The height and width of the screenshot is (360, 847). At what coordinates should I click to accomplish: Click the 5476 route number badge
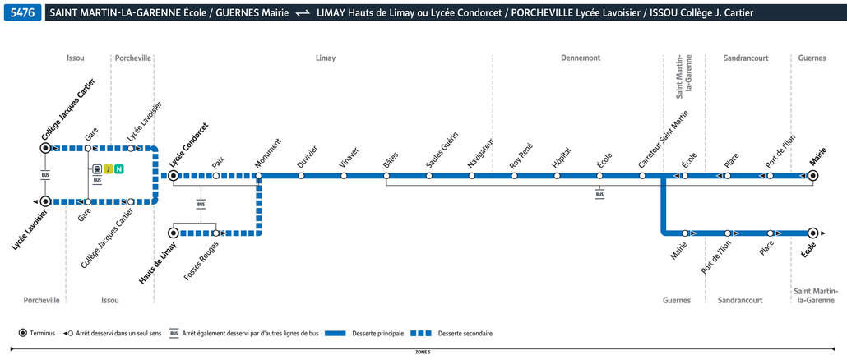click(23, 13)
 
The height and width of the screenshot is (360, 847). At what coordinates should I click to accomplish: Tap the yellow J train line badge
click(109, 169)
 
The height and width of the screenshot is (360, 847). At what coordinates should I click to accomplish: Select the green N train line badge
click(119, 169)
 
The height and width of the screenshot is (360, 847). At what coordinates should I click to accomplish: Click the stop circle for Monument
click(259, 175)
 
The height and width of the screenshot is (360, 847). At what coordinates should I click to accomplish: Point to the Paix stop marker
click(216, 175)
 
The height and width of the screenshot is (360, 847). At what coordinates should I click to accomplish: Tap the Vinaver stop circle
click(344, 175)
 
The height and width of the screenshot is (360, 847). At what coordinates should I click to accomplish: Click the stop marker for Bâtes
click(386, 175)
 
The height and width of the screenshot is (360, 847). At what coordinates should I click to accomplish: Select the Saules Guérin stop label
click(442, 150)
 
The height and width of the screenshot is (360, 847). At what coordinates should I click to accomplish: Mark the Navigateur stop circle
click(472, 175)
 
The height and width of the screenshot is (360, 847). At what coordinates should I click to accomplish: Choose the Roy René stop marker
click(515, 175)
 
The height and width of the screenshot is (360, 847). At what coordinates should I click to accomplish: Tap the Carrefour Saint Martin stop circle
click(642, 175)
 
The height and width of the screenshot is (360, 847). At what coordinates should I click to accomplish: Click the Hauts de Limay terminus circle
click(174, 233)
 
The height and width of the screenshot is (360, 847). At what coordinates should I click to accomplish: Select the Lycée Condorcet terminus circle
click(174, 175)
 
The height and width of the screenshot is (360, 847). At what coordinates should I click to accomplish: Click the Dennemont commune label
click(581, 58)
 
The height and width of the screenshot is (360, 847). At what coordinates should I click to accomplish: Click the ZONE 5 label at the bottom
click(423, 352)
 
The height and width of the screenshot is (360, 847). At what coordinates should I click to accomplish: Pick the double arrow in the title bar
click(303, 13)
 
